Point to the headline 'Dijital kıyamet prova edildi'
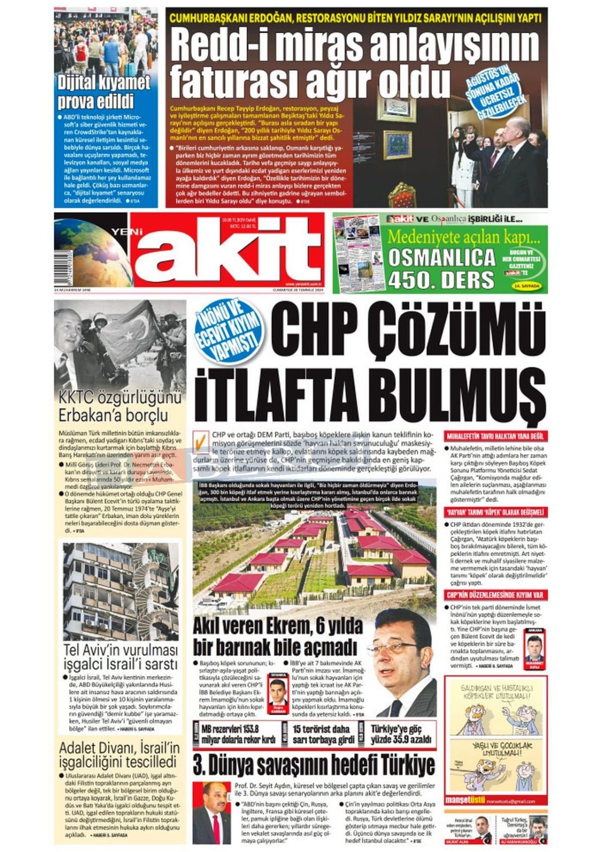(x=104, y=91)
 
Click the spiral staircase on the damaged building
(x=145, y=576)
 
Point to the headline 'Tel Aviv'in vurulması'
(x=120, y=650)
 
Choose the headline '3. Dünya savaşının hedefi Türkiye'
(x=314, y=766)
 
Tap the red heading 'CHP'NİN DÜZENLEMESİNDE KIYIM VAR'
(x=495, y=595)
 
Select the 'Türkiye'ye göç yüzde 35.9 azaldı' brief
(x=401, y=735)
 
